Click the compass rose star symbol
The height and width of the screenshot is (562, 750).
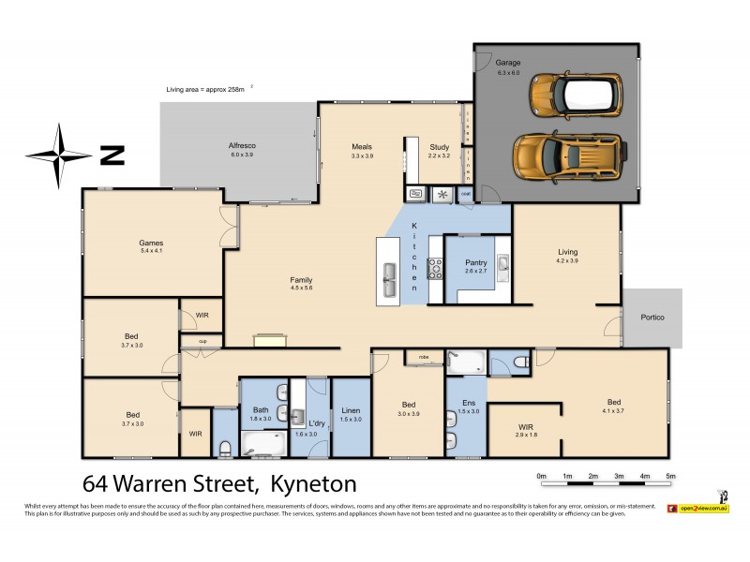58,155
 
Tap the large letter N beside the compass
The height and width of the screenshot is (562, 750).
112,155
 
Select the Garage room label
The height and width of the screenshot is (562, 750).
508,63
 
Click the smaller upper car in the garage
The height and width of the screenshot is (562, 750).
573,93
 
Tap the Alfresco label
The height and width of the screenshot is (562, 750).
242,146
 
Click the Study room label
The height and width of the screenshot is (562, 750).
439,147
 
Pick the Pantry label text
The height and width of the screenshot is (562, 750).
475,263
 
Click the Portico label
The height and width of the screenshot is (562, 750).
652,318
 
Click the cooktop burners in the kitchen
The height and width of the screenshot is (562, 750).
435,270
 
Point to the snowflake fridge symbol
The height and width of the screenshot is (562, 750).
442,195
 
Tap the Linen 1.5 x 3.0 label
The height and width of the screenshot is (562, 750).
351,414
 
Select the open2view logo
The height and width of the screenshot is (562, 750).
703,507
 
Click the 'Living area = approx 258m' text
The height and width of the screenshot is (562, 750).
204,89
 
